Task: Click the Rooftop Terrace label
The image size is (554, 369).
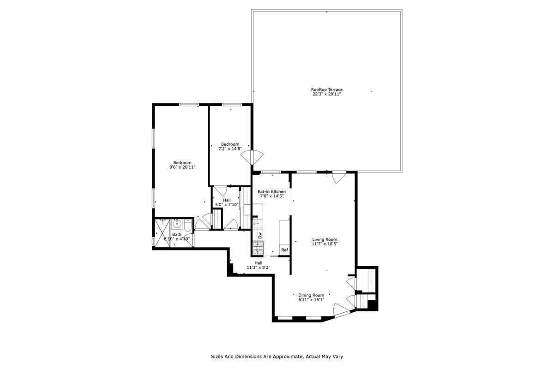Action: click(x=326, y=89)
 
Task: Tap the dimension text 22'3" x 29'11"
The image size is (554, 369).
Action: click(x=326, y=95)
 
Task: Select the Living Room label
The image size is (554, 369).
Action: click(x=325, y=239)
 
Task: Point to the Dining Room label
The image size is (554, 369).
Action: click(x=311, y=295)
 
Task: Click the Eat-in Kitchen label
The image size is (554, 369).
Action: click(x=271, y=191)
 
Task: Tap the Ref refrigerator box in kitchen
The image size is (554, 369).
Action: click(x=284, y=250)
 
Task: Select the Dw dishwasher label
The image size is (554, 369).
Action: click(x=260, y=235)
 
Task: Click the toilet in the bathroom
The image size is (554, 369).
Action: click(x=187, y=226)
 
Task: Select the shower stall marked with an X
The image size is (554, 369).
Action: click(x=162, y=232)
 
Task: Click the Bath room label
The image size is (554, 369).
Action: click(x=177, y=234)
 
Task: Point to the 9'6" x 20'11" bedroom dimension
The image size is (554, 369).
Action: click(x=182, y=167)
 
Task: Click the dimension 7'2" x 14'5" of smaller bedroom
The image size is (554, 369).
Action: click(x=230, y=149)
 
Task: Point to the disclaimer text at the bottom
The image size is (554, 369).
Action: click(x=277, y=357)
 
